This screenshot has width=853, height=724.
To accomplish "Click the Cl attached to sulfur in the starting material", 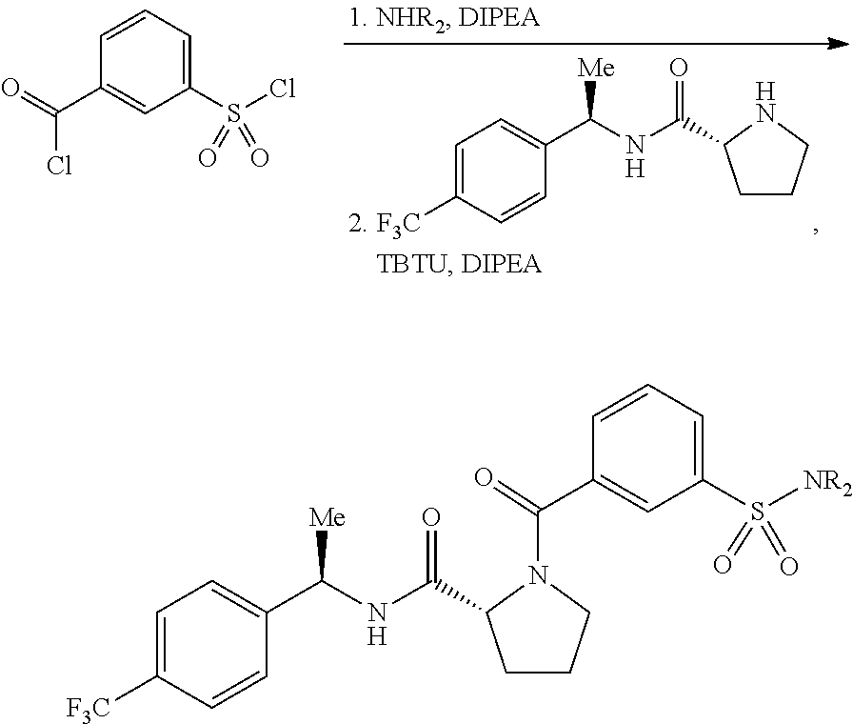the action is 283,89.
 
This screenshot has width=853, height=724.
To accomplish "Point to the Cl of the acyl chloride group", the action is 59,165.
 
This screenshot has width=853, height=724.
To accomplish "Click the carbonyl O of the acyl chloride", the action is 10,88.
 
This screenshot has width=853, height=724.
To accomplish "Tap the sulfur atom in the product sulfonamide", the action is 757,511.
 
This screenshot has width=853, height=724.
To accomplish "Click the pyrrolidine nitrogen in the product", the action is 539,574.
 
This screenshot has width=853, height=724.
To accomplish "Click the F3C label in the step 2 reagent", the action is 399,224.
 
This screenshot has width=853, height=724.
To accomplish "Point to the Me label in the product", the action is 327,517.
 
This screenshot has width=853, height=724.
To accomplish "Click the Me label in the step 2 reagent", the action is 596,69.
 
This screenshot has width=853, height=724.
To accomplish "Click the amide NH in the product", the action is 376,624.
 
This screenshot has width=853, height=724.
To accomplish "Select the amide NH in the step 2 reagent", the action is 634,157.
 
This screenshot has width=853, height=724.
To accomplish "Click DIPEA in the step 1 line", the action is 500,18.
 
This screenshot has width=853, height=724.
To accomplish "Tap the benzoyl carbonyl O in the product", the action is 484,477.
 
